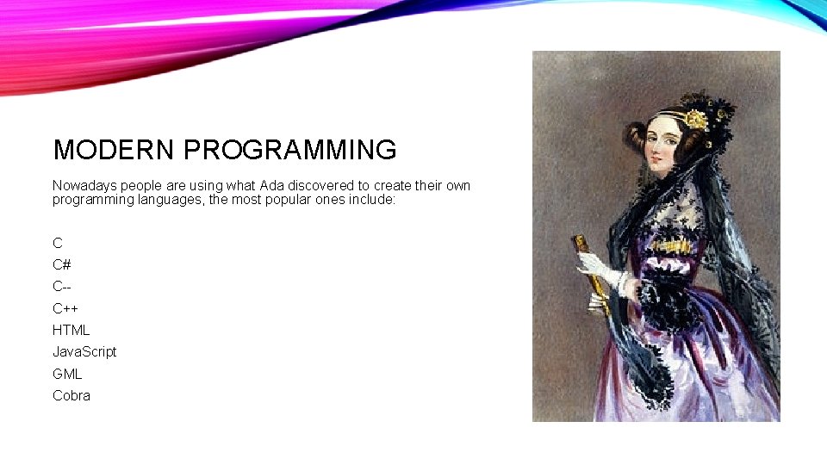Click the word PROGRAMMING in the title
289,150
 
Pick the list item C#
61,264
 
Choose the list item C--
61,286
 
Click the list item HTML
71,330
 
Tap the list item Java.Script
84,351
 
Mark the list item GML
67,374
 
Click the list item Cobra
72,395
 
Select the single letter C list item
57,243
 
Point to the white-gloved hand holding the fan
594,267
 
